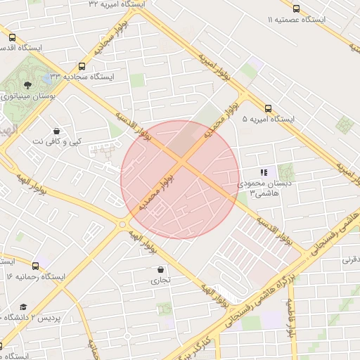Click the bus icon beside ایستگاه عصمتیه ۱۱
pos(295,9)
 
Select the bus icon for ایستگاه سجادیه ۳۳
pos(82,65)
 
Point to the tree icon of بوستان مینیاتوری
pos(27,84)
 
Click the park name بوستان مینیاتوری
pos(27,96)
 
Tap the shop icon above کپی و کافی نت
pos(56,130)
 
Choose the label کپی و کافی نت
pos(57,141)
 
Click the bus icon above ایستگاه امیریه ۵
pos(268,108)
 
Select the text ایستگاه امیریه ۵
pos(268,120)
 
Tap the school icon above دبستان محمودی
pos(264,172)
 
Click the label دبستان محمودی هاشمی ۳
pos(260,188)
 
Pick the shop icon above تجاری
pos(162,269)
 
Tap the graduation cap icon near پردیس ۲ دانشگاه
pos(23,307)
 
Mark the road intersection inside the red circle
pos(181,162)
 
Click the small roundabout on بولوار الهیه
pos(122,225)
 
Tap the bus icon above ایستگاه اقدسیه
pos(12,37)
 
